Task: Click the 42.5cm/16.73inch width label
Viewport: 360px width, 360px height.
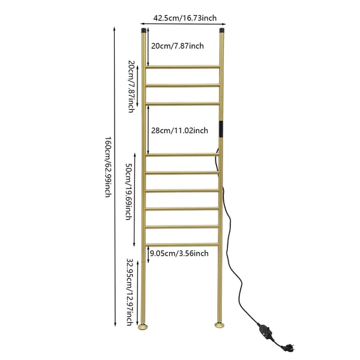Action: tap(185, 18)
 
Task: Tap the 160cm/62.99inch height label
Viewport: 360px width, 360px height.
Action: tap(109, 167)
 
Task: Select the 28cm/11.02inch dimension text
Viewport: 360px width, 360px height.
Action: tap(179, 130)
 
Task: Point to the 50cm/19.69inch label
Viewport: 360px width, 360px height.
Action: tap(129, 191)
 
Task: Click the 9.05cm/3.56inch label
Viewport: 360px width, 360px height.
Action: tap(179, 253)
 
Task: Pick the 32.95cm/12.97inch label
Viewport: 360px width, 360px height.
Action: tap(130, 292)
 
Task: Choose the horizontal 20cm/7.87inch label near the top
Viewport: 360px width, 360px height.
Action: tap(177, 46)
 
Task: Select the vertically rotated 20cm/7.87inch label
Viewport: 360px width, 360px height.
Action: tap(131, 86)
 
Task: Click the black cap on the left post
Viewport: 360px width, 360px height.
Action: tap(143, 31)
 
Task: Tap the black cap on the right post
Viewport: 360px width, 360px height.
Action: tap(222, 31)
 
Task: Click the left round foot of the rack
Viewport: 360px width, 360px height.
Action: tap(143, 326)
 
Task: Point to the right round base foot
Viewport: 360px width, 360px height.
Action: tap(220, 325)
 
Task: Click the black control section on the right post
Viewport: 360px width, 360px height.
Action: tap(221, 129)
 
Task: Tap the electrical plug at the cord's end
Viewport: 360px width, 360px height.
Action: tap(289, 348)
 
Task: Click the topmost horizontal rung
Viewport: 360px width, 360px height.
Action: tap(183, 67)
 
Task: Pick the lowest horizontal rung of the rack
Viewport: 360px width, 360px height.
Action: tap(182, 245)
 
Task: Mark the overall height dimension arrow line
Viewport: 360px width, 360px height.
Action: tap(115, 176)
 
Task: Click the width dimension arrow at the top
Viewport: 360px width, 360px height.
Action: tap(183, 23)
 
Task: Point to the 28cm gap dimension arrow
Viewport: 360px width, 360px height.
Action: tap(148, 130)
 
